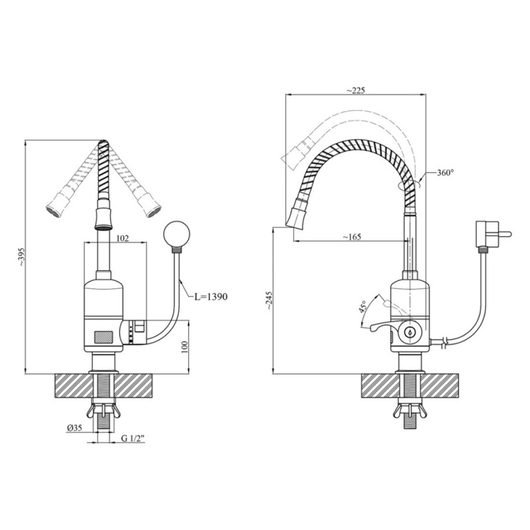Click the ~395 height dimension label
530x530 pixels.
(x=21, y=258)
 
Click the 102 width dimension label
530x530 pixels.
(x=123, y=238)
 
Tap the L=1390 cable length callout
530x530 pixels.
(x=211, y=297)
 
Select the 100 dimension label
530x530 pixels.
(x=185, y=347)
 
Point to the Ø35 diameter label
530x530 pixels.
(x=74, y=428)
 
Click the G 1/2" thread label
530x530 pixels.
(x=133, y=439)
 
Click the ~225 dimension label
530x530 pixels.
(x=356, y=90)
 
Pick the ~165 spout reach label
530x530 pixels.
(x=352, y=237)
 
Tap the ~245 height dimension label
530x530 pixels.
(x=268, y=301)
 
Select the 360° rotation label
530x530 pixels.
(x=444, y=173)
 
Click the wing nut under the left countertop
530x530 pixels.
(x=103, y=409)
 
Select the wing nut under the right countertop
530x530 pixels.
(x=410, y=409)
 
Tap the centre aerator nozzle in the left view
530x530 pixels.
(x=103, y=219)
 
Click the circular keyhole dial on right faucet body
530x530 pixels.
(x=410, y=333)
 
